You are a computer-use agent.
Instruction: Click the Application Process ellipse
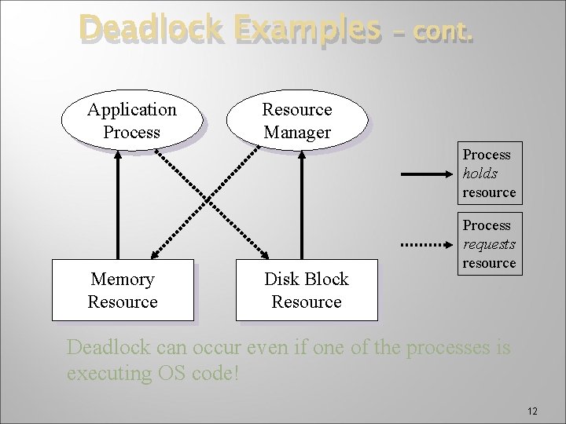click(x=131, y=121)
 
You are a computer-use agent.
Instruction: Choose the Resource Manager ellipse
click(x=296, y=121)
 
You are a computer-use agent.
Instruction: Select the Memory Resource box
click(x=123, y=290)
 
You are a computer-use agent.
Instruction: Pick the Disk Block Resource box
click(x=307, y=290)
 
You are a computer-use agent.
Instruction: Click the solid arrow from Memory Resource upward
click(x=117, y=204)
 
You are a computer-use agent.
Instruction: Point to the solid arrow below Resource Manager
click(x=301, y=204)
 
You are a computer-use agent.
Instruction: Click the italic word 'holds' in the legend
click(x=480, y=174)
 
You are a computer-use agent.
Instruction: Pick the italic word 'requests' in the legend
click(x=489, y=244)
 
